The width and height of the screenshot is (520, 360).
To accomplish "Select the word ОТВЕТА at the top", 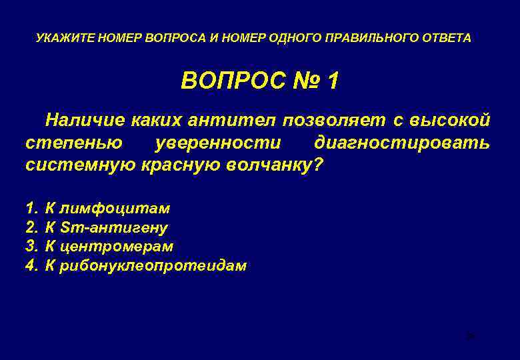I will click(446, 39).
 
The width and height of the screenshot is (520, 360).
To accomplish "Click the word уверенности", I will click(218, 143).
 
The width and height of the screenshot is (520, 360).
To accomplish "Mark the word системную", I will click(80, 165).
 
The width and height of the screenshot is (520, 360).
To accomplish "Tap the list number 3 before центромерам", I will click(30, 247).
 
